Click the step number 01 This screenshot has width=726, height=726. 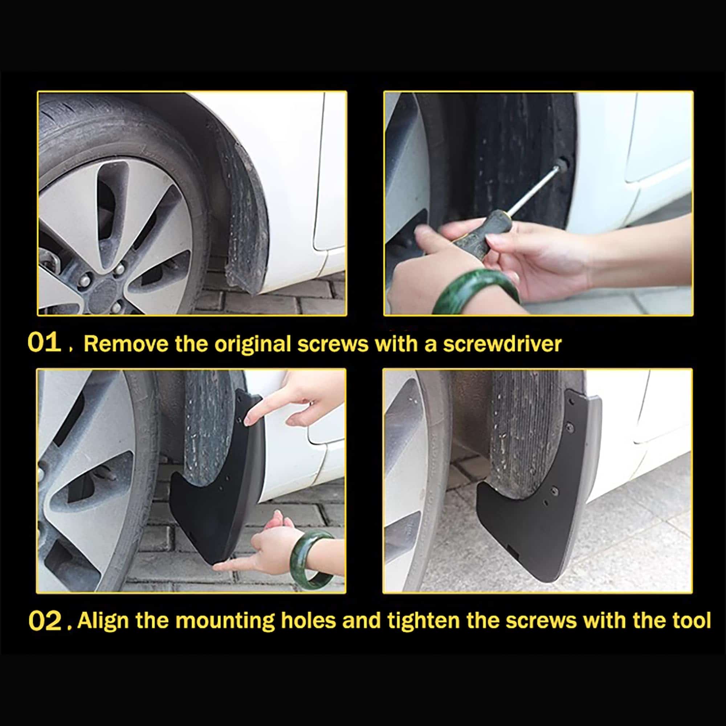click(x=44, y=343)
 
